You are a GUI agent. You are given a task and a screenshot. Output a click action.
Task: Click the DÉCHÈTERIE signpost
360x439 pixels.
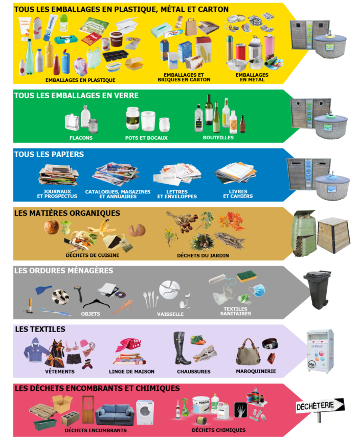click(319, 407)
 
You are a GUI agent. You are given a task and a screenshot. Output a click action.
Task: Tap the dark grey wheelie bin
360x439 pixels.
click(317, 289)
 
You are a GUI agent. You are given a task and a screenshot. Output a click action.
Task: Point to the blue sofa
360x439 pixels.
click(115, 413)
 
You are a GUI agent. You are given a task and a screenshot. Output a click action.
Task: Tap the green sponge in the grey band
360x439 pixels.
click(246, 277)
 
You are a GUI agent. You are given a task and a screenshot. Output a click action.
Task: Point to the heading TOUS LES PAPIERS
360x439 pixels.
click(49, 154)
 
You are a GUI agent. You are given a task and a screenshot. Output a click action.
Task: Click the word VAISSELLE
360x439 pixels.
click(170, 314)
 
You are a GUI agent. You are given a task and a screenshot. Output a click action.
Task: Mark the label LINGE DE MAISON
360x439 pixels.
click(131, 371)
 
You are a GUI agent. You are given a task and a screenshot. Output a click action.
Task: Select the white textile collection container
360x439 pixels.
click(320, 351)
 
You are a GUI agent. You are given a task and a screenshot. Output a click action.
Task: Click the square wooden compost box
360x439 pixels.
click(333, 234)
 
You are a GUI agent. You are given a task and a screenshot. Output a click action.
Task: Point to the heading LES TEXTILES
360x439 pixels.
click(40, 329)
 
